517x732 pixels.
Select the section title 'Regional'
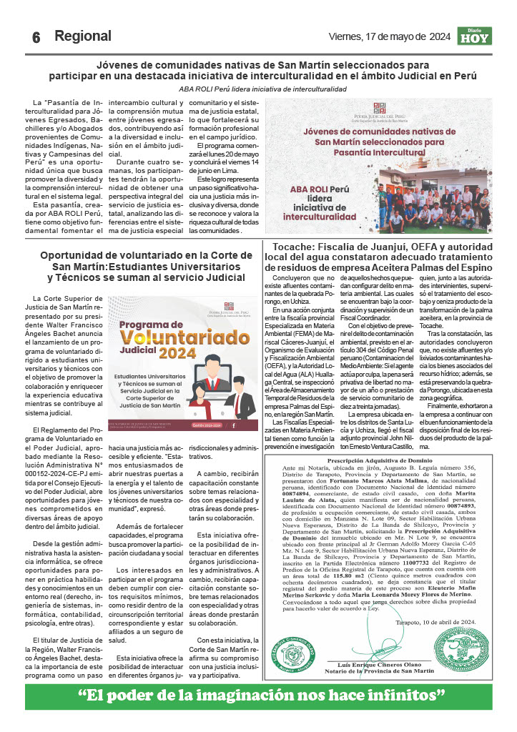83,36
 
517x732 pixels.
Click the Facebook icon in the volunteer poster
234,425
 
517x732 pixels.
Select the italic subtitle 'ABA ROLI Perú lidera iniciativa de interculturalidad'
262,89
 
